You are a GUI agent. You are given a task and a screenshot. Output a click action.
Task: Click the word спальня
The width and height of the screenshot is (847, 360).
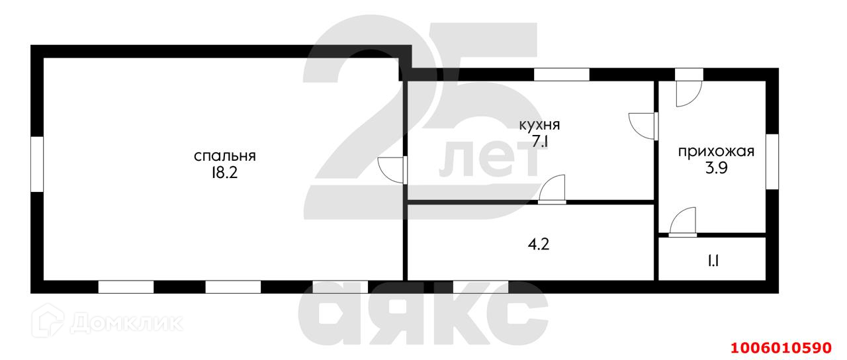[x=224, y=156]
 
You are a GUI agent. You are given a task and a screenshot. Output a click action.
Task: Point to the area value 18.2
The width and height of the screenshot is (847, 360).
[x=224, y=173]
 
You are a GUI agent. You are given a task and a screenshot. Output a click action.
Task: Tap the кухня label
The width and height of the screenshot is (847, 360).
[x=539, y=124]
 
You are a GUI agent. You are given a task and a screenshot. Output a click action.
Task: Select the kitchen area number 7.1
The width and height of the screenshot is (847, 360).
[x=539, y=142]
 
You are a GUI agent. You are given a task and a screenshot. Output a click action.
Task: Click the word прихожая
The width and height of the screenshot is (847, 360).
[x=716, y=152]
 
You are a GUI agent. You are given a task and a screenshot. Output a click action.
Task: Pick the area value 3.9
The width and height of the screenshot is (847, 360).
[x=716, y=168]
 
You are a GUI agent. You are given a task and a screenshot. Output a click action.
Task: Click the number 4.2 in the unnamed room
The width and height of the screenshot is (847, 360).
[x=539, y=244]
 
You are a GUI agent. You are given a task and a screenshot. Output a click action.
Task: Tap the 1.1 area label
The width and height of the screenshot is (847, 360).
[x=713, y=260]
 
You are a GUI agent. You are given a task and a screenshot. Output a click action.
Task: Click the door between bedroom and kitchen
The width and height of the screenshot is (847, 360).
[x=392, y=170]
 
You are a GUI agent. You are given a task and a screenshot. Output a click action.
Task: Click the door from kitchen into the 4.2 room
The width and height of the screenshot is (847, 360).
[x=553, y=189]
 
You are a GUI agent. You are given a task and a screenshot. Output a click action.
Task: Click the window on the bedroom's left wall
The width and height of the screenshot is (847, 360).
[x=37, y=164]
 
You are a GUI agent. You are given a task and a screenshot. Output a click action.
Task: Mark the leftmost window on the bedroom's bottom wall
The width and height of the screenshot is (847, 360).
[x=126, y=287]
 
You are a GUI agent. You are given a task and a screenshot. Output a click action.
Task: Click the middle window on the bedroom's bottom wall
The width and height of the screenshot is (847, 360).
[x=233, y=287]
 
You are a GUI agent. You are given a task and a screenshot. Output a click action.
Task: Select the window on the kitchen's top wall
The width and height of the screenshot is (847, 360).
[x=561, y=75]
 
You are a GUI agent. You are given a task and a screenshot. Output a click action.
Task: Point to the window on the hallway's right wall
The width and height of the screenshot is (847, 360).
[x=772, y=161]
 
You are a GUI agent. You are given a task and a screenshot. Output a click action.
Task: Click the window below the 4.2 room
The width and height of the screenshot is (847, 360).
[x=480, y=287]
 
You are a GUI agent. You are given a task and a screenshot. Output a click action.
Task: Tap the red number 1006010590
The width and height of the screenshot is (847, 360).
[x=780, y=346]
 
